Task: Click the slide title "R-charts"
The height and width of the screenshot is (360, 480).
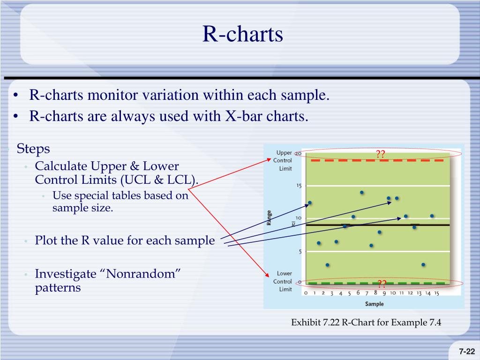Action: [242, 34]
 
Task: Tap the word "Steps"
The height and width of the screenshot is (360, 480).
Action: [33, 149]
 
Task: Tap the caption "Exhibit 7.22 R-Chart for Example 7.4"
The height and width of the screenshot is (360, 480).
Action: [366, 322]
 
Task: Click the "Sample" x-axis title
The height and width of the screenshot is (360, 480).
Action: [374, 304]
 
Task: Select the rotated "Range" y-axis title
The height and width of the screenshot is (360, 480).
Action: [269, 217]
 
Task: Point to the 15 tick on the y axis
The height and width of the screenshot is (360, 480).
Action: [299, 186]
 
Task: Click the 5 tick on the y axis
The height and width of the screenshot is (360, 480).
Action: [300, 252]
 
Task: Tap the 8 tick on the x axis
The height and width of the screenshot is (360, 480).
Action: [375, 292]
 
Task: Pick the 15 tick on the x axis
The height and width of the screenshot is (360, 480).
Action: [436, 293]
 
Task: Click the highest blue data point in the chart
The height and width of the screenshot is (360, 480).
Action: [362, 193]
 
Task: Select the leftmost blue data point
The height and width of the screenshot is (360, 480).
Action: [310, 202]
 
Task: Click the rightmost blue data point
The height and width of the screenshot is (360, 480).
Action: [432, 216]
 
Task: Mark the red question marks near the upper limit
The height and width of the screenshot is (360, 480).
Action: [380, 154]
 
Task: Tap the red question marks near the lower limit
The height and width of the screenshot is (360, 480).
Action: [382, 284]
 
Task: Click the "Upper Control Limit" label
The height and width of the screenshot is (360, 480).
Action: [284, 160]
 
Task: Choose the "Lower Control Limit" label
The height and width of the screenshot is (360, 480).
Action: [284, 281]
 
